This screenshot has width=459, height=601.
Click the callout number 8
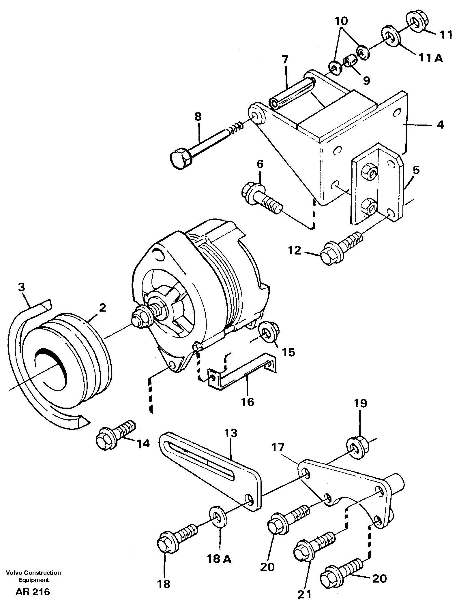pos(198,117)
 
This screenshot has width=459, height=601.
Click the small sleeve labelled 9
pos(350,61)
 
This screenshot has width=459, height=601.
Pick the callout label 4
pos(440,125)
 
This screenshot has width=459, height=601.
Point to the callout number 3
pos(21,287)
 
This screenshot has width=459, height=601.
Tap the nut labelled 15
pos(267,332)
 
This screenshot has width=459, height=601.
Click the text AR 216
pos(33,592)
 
